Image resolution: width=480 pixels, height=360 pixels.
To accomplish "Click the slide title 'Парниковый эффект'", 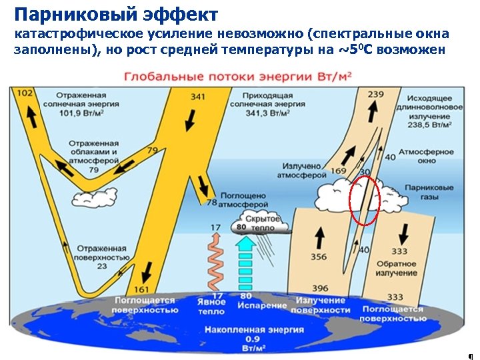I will pos(116,14).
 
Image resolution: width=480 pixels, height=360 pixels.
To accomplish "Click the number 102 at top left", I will pos(25,94).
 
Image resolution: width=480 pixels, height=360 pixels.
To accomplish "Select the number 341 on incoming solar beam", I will pos(197,97).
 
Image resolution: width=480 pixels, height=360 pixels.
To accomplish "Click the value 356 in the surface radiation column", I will pos(319,257).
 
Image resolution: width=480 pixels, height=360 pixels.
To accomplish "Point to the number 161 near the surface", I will pos(142,289).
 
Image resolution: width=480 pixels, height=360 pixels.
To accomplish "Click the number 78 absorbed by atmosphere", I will pos(212,203).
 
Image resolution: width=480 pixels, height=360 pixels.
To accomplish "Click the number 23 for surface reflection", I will pos(101,266).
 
